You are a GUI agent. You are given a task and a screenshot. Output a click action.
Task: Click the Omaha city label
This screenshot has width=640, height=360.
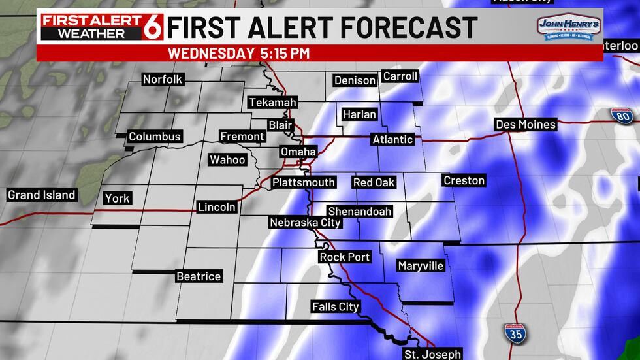298,152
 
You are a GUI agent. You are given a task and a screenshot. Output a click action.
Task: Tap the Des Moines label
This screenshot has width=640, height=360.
526,125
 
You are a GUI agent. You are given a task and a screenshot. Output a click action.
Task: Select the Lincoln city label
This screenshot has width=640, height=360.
216,207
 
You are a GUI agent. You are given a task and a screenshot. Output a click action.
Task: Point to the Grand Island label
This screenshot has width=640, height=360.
42,195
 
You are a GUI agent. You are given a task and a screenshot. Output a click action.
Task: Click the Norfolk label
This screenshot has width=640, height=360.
163,80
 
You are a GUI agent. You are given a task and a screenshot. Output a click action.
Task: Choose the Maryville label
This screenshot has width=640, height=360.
421,266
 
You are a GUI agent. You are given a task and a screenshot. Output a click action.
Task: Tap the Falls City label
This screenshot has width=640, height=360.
336,306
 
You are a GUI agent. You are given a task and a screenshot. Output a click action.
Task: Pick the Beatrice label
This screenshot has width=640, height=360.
199,276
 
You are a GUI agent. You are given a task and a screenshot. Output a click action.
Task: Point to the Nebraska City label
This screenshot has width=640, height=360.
306,223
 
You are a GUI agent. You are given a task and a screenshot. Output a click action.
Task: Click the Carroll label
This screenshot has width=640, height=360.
400,76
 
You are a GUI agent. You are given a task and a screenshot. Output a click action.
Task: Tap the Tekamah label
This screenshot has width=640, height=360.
272,103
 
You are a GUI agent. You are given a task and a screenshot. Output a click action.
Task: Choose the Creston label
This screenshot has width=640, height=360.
464,180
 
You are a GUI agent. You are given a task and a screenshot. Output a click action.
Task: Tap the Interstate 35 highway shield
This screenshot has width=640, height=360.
516,333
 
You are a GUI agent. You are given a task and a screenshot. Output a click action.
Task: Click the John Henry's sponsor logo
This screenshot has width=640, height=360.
569,28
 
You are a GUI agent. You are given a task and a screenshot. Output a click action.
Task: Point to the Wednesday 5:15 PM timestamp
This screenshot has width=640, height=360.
239,53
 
